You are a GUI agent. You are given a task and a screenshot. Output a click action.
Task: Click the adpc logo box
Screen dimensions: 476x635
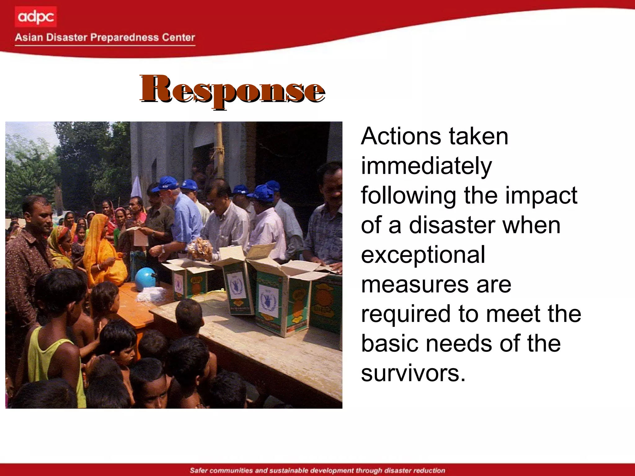(x=36, y=17)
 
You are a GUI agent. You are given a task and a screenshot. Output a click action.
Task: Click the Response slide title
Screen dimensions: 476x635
(x=232, y=90)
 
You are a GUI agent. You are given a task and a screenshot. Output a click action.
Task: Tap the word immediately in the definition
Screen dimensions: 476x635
(x=426, y=166)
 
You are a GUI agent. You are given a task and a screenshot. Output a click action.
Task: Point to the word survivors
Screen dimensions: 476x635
(x=413, y=373)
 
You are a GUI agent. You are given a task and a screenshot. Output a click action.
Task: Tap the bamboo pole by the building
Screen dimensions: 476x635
(x=219, y=149)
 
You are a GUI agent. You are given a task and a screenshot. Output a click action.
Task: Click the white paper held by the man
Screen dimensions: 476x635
(x=140, y=237)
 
